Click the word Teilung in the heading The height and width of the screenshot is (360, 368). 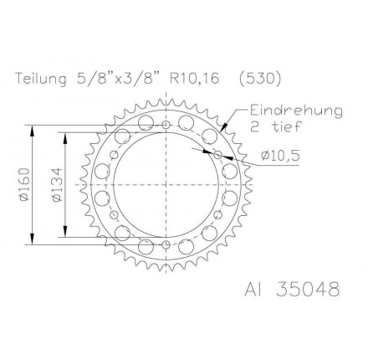pos(41,79)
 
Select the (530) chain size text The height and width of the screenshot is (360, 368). pos(260,79)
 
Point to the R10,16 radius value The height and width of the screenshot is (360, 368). pos(194,79)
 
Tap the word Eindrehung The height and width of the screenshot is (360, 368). pos(296,111)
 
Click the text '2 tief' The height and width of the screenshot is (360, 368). pos(276,126)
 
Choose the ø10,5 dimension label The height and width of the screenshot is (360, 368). pos(280,156)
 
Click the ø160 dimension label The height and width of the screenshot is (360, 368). pos(24,184)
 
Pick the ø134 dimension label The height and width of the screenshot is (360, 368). pos(57,184)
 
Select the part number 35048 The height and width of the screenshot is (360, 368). pos(308,289)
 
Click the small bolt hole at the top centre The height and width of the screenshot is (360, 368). pos(166,125)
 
